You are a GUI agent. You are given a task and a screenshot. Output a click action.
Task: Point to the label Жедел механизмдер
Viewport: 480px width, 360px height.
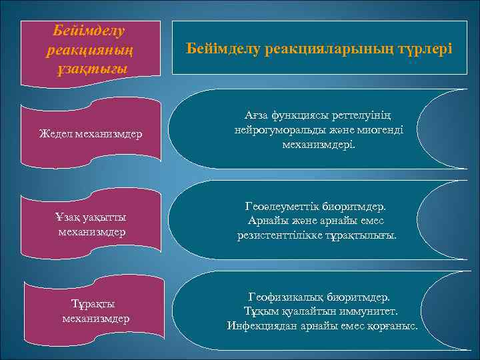[90, 134]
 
